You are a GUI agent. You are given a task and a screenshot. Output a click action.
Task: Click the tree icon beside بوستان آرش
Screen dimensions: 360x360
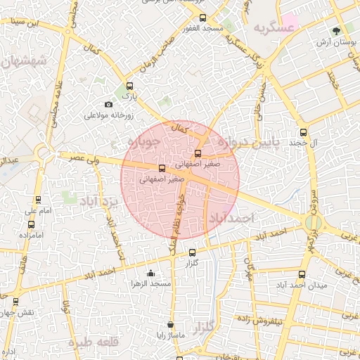(336, 30)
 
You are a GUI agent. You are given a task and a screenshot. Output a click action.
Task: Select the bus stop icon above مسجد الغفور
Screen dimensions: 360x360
(203, 18)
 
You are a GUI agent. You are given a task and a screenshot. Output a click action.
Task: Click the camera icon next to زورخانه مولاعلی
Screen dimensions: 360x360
(108, 105)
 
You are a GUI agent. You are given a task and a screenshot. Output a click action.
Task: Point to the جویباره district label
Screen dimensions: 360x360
(146, 142)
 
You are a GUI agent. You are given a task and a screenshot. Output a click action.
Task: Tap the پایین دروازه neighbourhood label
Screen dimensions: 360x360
(247, 143)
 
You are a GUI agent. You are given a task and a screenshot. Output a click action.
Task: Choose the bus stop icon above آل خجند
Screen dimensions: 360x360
(304, 131)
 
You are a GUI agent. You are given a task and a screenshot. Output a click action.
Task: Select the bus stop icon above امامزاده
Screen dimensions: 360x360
(31, 225)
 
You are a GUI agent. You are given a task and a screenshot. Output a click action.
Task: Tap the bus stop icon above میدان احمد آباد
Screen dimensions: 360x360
(302, 274)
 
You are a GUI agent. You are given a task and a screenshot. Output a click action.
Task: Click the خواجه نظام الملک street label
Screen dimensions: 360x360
(179, 219)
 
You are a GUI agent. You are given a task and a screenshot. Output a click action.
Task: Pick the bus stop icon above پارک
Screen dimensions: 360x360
(127, 84)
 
